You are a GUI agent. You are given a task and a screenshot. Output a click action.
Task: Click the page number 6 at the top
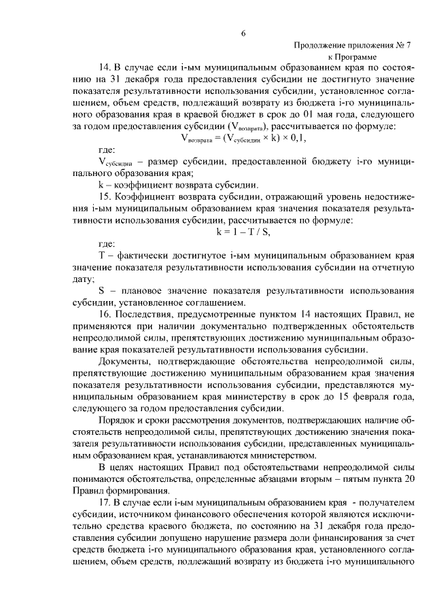click(243, 35)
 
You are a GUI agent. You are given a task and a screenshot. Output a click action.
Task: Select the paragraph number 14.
click(105, 69)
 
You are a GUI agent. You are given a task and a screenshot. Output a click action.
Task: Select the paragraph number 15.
click(105, 196)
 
